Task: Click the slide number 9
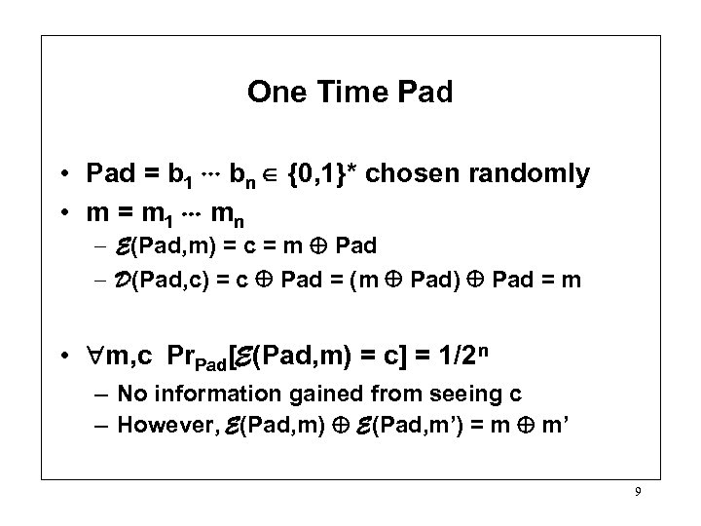pyautogui.click(x=638, y=493)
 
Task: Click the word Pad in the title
pyautogui.click(x=421, y=93)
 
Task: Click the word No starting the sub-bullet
pyautogui.click(x=127, y=394)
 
